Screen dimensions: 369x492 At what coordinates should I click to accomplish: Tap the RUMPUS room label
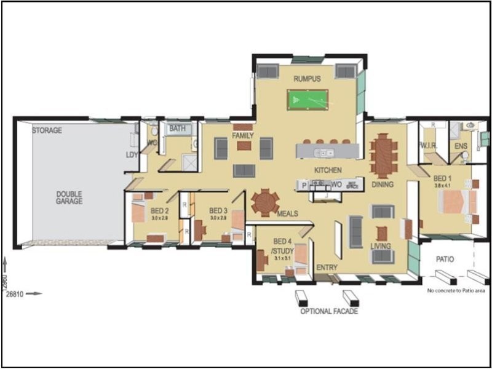click(x=307, y=79)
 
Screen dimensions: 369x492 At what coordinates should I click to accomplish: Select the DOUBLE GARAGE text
click(x=69, y=197)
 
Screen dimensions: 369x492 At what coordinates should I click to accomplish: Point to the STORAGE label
click(x=47, y=130)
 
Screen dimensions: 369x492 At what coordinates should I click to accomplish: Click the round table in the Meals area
click(x=265, y=202)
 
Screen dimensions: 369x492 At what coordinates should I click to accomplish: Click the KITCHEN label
click(x=328, y=170)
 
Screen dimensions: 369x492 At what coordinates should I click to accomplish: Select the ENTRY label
click(x=327, y=268)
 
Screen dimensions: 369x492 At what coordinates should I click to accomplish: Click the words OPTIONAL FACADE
click(x=328, y=311)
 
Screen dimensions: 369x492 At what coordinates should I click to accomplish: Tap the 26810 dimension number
click(x=15, y=294)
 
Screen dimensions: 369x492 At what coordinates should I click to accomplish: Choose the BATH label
click(x=178, y=129)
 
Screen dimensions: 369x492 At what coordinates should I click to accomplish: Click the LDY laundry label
click(x=132, y=155)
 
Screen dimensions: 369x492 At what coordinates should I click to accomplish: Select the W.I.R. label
click(x=428, y=146)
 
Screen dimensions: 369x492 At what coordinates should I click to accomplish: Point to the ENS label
click(x=461, y=146)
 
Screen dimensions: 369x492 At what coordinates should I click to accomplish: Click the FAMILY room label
click(x=243, y=135)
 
